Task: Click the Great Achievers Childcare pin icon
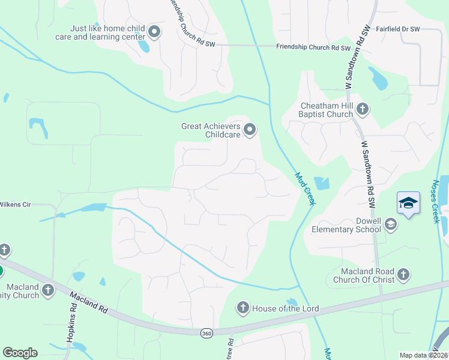[x=250, y=129]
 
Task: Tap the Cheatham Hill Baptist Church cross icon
[x=362, y=109]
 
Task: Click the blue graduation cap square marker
[x=408, y=203]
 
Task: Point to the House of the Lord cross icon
[x=243, y=308]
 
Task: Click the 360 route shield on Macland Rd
[x=206, y=332]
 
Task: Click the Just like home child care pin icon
[x=154, y=32]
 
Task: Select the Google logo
[x=20, y=353]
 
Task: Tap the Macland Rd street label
[x=88, y=302]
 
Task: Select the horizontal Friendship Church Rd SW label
[x=313, y=47]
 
